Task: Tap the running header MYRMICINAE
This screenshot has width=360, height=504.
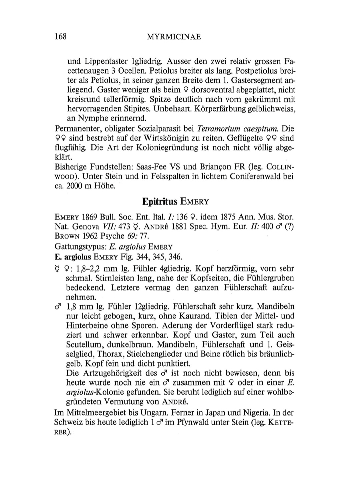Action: point(174,37)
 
